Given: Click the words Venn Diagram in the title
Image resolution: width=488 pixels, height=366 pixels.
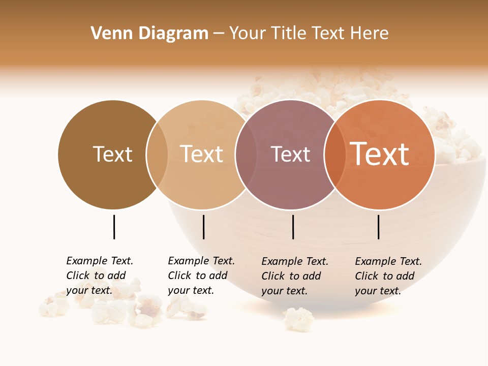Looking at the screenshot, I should (149, 34).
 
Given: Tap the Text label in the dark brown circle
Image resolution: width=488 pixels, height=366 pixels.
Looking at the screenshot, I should (112, 154).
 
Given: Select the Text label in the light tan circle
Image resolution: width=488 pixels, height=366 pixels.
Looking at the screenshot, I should (201, 154).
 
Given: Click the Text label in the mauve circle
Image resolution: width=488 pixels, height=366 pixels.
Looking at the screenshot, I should (290, 154).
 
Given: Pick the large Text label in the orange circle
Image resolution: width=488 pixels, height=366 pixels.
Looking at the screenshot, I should (379, 154).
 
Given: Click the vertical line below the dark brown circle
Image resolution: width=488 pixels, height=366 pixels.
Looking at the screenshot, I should (114, 227).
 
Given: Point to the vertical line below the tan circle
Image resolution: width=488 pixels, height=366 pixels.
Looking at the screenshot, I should (203, 227).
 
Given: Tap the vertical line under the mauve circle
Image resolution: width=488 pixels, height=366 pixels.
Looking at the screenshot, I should (293, 227).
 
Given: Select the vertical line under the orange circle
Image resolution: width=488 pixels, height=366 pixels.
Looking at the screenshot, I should (379, 227).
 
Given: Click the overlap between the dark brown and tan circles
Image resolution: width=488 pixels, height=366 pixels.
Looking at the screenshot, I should (157, 155).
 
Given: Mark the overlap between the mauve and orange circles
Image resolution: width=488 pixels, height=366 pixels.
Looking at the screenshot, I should (335, 155).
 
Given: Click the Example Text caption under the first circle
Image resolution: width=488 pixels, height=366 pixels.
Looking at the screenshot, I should (100, 276).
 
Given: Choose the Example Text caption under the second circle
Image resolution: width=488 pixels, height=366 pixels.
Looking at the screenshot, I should (201, 276).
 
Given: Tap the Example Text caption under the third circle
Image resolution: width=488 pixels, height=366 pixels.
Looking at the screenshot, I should (295, 276).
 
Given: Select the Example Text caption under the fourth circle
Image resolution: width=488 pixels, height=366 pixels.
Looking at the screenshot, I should (388, 276).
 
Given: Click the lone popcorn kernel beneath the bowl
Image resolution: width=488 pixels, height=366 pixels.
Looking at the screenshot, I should (298, 318).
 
